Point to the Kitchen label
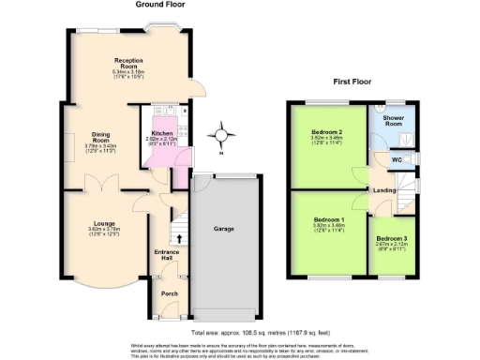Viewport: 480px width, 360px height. click(x=162, y=134)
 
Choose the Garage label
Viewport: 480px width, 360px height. click(x=223, y=229)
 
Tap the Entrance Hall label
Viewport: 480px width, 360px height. click(x=165, y=255)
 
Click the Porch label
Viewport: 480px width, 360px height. click(x=170, y=294)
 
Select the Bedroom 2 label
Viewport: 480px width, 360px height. click(x=326, y=132)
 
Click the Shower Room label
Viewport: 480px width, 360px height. click(x=393, y=121)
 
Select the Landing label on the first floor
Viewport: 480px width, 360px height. click(x=384, y=191)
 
